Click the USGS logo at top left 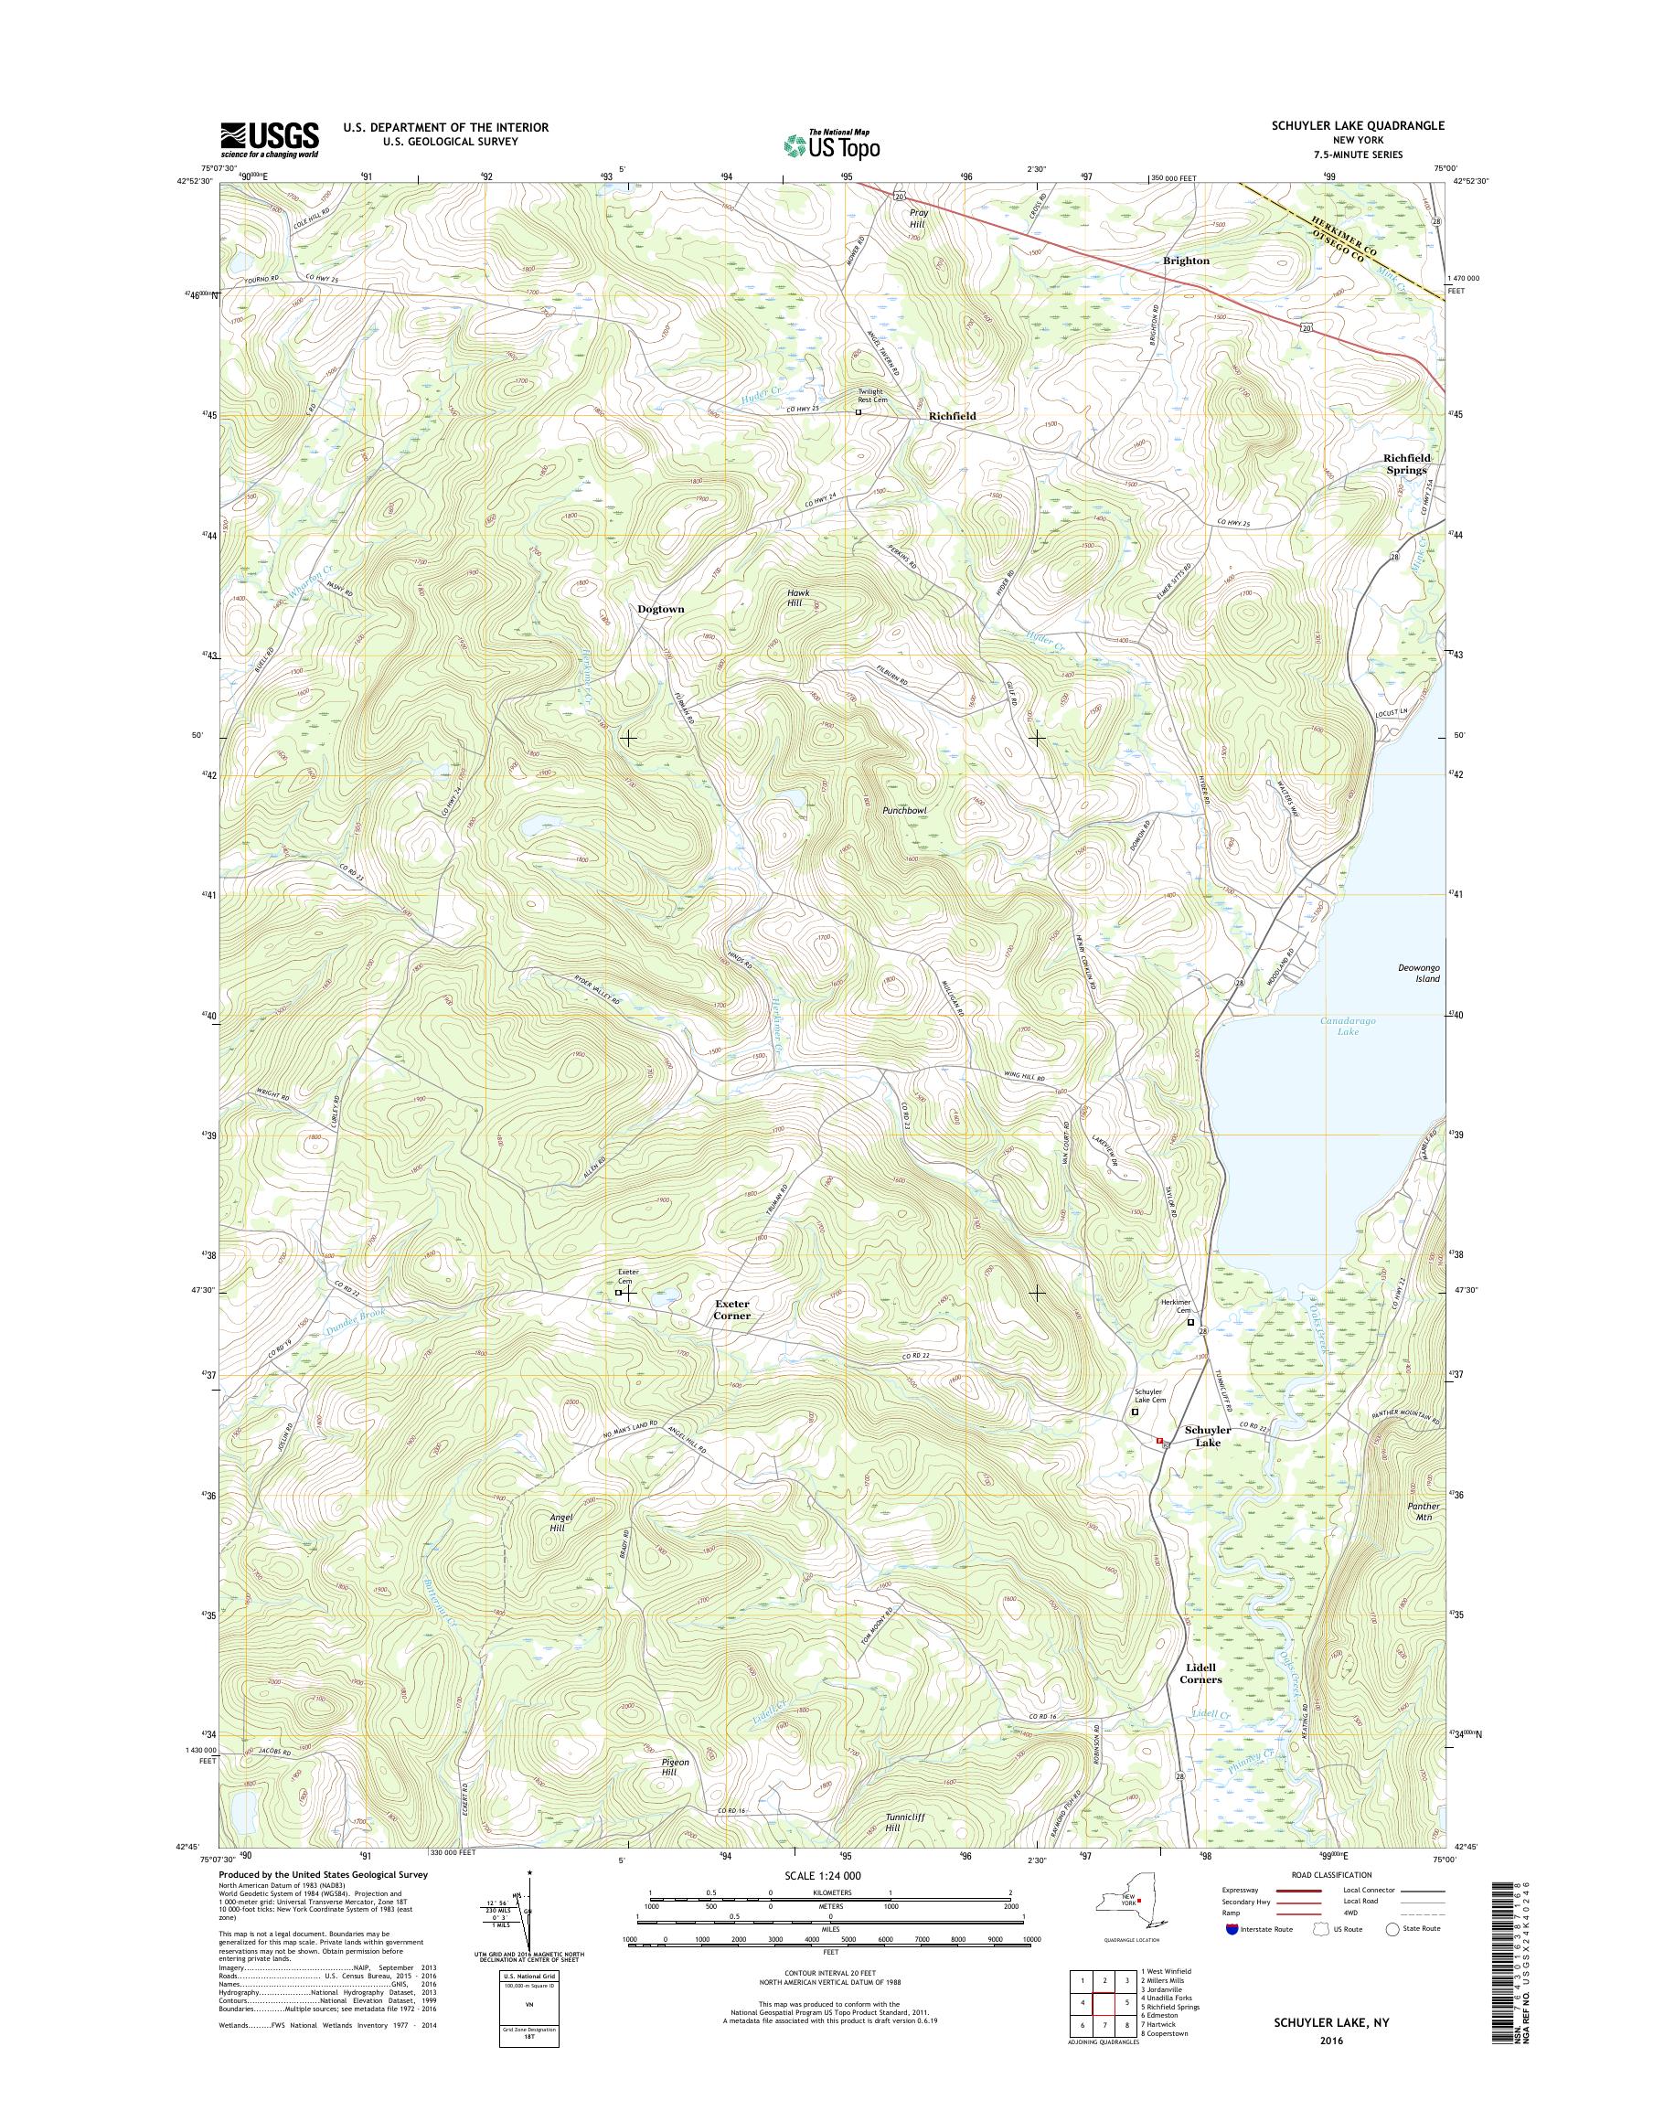click(270, 139)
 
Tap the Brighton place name click(1186, 261)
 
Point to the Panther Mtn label click(1424, 1512)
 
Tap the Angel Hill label click(562, 1523)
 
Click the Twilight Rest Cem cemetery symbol click(859, 412)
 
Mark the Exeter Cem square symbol click(619, 1293)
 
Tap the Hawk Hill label click(799, 598)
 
